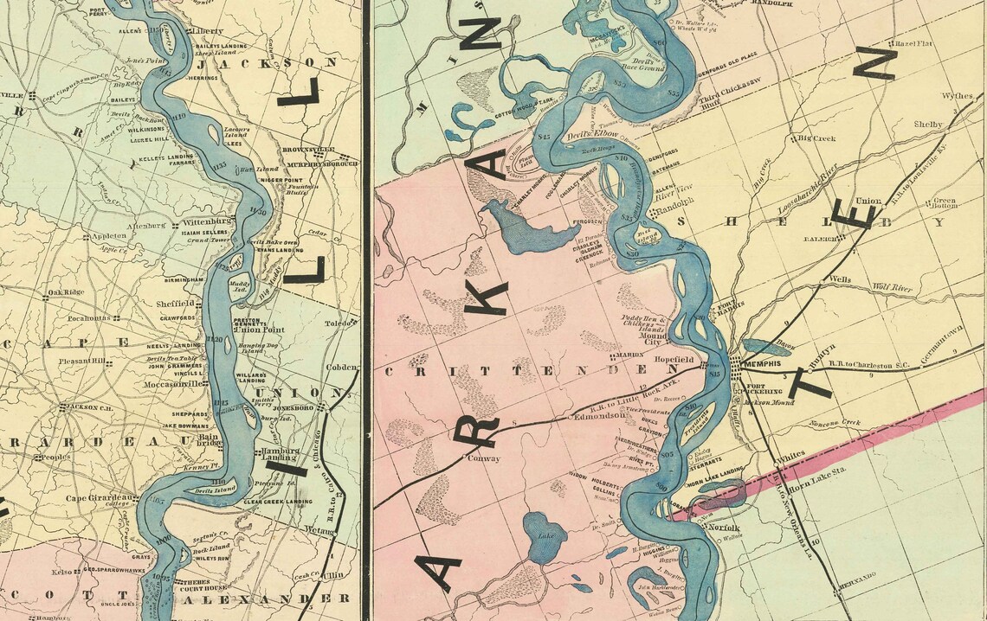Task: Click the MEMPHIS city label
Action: click(x=763, y=363)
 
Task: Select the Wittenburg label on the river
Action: click(x=206, y=222)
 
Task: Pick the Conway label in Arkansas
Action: click(x=484, y=458)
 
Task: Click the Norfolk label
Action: click(x=721, y=528)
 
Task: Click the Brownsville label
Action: click(x=302, y=149)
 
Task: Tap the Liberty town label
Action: click(x=207, y=32)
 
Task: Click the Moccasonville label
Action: click(x=177, y=383)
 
